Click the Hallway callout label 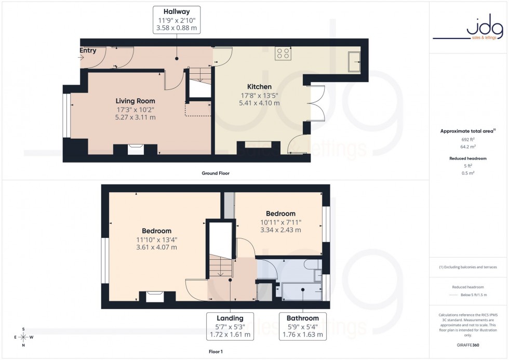[x=177, y=20]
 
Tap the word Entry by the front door [x=88, y=50]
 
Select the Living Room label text [x=135, y=101]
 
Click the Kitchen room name [x=259, y=87]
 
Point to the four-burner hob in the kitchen [x=283, y=52]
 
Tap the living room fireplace [x=135, y=149]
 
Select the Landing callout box [x=230, y=326]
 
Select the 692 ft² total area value [x=468, y=140]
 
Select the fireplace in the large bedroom [x=155, y=297]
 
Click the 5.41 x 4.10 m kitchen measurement [x=259, y=103]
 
